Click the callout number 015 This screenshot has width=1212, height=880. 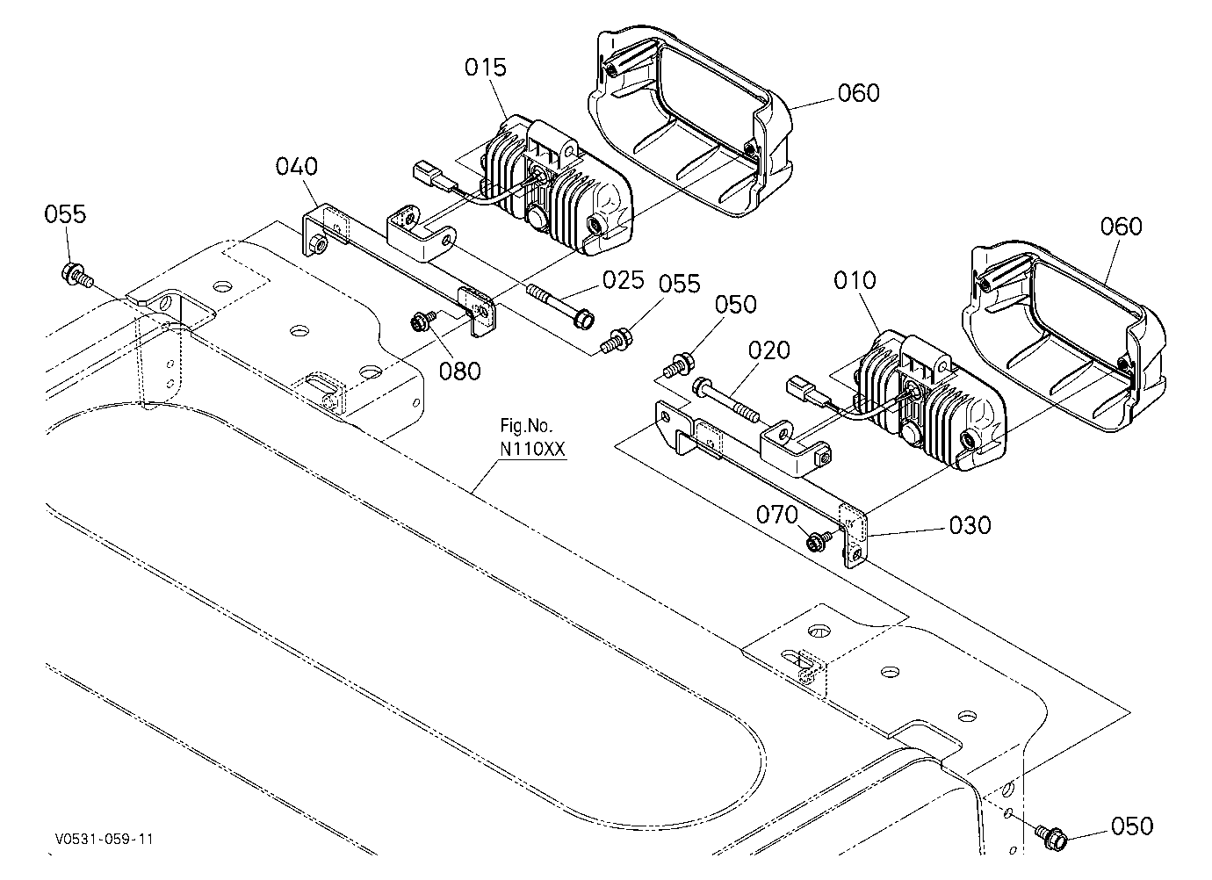[486, 68]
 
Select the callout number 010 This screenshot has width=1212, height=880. [855, 280]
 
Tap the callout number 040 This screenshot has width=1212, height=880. [297, 166]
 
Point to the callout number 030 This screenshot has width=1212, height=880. [970, 525]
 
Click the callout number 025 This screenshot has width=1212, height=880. [624, 280]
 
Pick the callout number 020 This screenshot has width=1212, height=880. [768, 350]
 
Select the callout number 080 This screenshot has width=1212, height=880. [459, 371]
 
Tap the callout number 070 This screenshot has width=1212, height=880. [777, 515]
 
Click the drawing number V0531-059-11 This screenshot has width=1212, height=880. [104, 840]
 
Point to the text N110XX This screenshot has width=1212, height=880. [532, 449]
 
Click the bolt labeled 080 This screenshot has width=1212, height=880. [423, 321]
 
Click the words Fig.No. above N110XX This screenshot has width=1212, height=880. [526, 427]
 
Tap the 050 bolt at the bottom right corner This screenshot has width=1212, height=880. [1050, 837]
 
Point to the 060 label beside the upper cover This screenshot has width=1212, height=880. [859, 93]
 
